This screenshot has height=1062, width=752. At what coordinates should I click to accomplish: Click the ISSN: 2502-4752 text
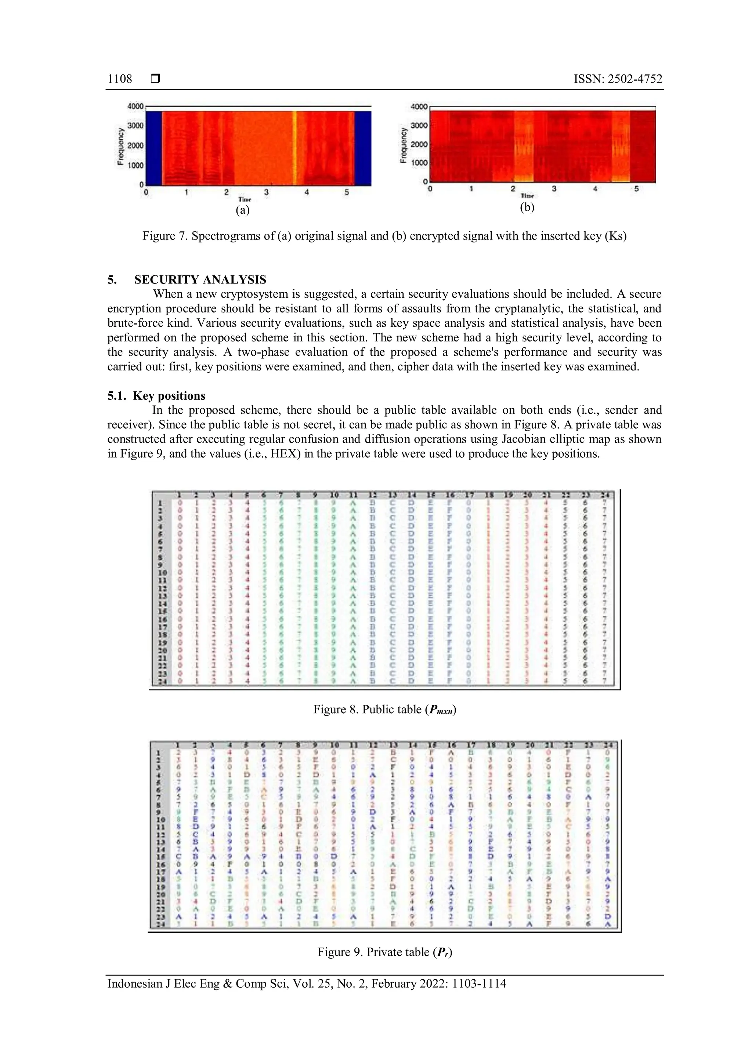pyautogui.click(x=618, y=79)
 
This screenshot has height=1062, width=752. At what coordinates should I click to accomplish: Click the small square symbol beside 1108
pyautogui.click(x=156, y=79)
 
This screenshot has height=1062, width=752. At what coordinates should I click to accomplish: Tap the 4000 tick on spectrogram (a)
pyautogui.click(x=135, y=106)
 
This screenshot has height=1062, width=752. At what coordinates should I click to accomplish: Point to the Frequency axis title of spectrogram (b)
pyautogui.click(x=403, y=145)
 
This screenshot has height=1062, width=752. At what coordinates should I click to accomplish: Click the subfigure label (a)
pyautogui.click(x=243, y=210)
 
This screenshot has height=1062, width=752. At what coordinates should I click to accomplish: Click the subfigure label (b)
pyautogui.click(x=527, y=207)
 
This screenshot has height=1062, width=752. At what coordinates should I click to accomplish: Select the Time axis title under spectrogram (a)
pyautogui.click(x=245, y=199)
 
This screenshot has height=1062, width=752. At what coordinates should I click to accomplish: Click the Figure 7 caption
pyautogui.click(x=384, y=237)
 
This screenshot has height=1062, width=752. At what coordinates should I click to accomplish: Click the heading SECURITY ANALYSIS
pyautogui.click(x=200, y=280)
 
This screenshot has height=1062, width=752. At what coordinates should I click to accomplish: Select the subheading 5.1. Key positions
pyautogui.click(x=156, y=396)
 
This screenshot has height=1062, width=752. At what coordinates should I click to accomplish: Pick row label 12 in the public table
pyautogui.click(x=162, y=588)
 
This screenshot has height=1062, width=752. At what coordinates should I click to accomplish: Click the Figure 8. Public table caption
pyautogui.click(x=384, y=710)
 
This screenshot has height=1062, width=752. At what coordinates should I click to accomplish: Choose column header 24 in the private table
pyautogui.click(x=608, y=745)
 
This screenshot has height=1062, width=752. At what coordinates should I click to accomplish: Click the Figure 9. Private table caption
pyautogui.click(x=384, y=952)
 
